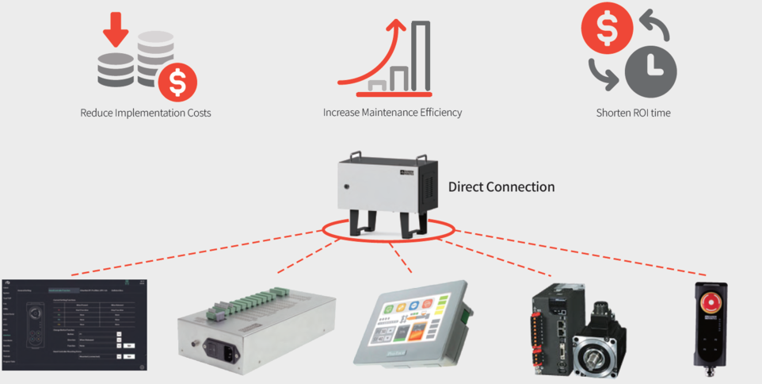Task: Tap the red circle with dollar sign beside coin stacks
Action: (x=177, y=81)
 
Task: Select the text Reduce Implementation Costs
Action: (x=146, y=113)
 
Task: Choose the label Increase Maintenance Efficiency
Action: (x=392, y=113)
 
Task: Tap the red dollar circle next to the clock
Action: (x=604, y=29)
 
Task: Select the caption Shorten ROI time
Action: (x=633, y=113)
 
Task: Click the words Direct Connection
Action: (x=501, y=187)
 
